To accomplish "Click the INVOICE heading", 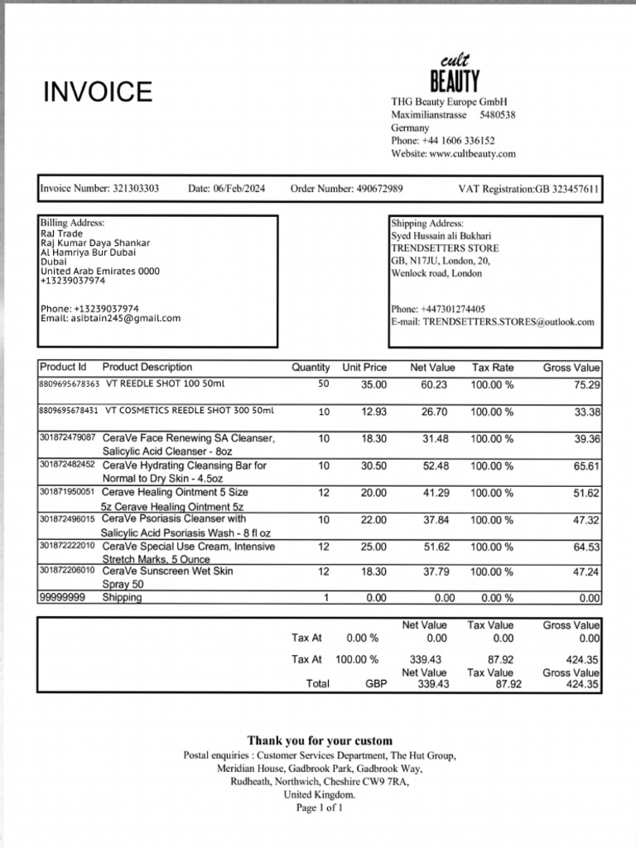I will pyautogui.click(x=98, y=91).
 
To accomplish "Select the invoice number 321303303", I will pyautogui.click(x=136, y=189).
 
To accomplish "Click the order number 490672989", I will pyautogui.click(x=379, y=189).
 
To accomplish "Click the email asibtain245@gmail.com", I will pyautogui.click(x=126, y=318).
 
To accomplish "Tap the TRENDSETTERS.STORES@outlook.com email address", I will pyautogui.click(x=508, y=321).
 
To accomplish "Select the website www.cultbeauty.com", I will pyautogui.click(x=472, y=154).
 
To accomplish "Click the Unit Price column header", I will pyautogui.click(x=364, y=367).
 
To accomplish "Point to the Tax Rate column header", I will pyautogui.click(x=493, y=367).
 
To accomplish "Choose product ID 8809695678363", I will pyautogui.click(x=70, y=384).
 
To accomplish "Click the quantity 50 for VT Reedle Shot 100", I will pyautogui.click(x=323, y=384).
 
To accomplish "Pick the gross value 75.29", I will pyautogui.click(x=587, y=385).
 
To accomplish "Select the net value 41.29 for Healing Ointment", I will pyautogui.click(x=435, y=493).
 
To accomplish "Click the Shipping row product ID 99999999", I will pyautogui.click(x=62, y=597).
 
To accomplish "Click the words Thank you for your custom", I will pyautogui.click(x=320, y=740).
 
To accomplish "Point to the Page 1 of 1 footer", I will pyautogui.click(x=319, y=807).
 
